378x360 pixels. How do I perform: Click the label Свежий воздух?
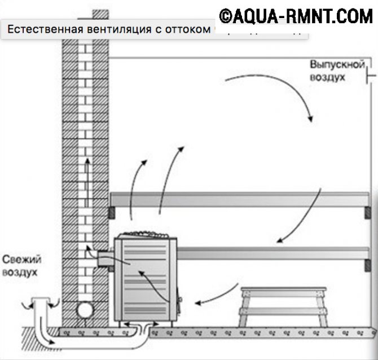pos(21,266)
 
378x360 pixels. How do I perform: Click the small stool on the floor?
pos(282,305)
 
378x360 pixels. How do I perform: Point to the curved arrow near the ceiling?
pos(276,90)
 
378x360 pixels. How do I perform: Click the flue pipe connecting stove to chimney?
pos(105,259)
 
